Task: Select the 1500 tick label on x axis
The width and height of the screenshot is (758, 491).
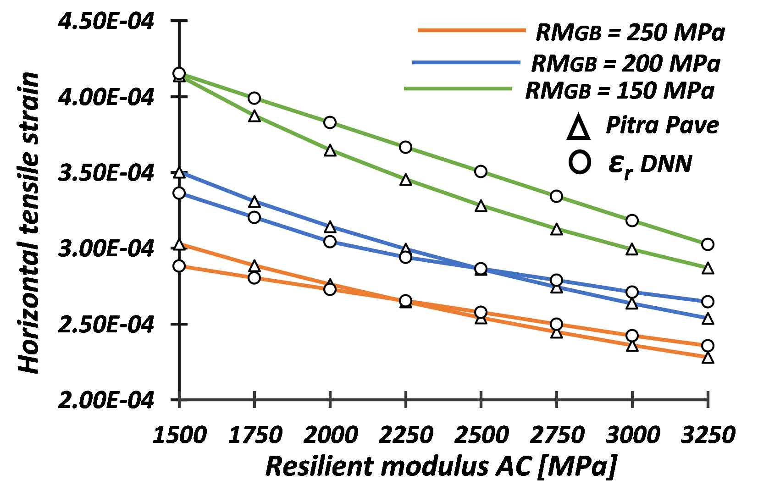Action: pos(179,434)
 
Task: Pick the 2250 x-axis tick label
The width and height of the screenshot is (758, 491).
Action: pos(406,434)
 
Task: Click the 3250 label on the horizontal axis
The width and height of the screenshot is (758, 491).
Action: pos(708,434)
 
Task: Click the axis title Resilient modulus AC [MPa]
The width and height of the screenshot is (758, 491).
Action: pos(441,466)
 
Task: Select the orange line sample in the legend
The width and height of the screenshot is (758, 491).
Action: pos(471,31)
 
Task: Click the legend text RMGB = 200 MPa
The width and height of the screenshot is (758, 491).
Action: pos(625,63)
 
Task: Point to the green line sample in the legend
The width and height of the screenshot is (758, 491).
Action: pos(458,88)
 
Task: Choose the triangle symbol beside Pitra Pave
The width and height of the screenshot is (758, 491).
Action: pos(578,127)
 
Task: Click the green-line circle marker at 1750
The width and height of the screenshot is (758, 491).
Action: pos(255,98)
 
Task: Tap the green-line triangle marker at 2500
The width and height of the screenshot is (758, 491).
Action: pos(481,206)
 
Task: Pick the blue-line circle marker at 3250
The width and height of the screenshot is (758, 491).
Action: pos(708,302)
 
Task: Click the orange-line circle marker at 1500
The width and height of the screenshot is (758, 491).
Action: pos(179,266)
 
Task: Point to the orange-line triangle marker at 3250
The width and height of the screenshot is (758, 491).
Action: pos(708,358)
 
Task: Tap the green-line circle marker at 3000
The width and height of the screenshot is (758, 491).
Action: pos(632,221)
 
